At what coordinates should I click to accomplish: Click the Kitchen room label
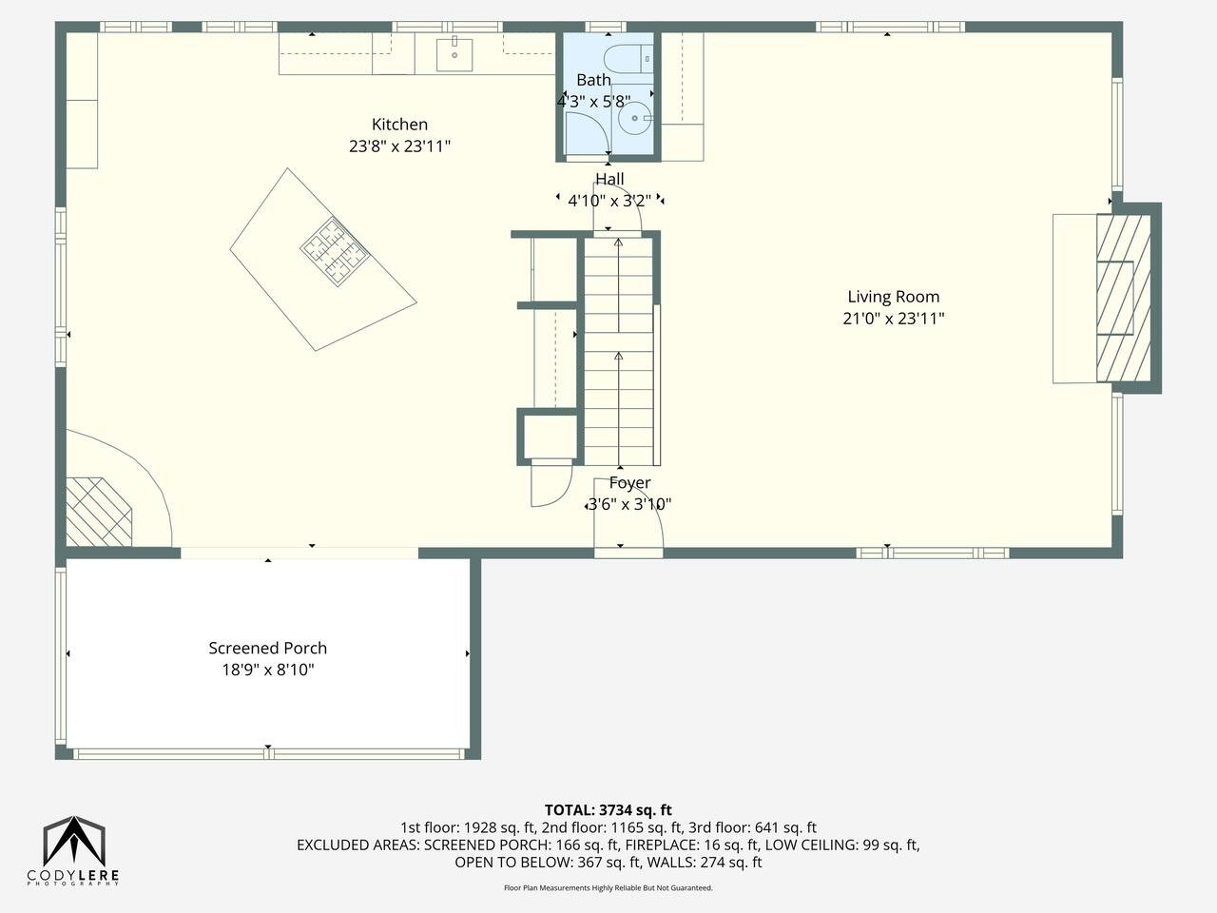pyautogui.click(x=399, y=125)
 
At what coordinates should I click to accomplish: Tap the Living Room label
pyautogui.click(x=893, y=297)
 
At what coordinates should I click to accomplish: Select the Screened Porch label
pyautogui.click(x=268, y=648)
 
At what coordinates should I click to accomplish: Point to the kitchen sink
pyautogui.click(x=454, y=55)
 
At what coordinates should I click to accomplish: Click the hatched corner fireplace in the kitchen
pyautogui.click(x=99, y=512)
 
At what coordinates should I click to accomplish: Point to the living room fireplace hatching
pyautogui.click(x=1124, y=299)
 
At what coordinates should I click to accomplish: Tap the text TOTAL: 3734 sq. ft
pyautogui.click(x=608, y=810)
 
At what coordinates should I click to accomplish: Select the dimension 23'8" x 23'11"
pyautogui.click(x=399, y=146)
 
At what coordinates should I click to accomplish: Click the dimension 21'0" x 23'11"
pyautogui.click(x=893, y=319)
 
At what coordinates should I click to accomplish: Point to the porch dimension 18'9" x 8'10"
pyautogui.click(x=268, y=670)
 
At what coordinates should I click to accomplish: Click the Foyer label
pyautogui.click(x=629, y=483)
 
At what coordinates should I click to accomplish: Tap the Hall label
pyautogui.click(x=609, y=179)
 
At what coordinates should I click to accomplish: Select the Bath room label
pyautogui.click(x=593, y=80)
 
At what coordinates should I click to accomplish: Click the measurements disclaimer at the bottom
pyautogui.click(x=608, y=888)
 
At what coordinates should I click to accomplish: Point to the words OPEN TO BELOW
pyautogui.click(x=514, y=862)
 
